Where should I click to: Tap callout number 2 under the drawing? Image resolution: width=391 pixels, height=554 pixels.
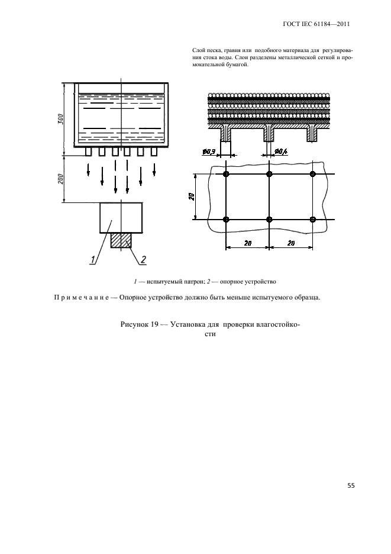(143, 259)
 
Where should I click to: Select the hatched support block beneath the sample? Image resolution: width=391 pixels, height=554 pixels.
(121, 240)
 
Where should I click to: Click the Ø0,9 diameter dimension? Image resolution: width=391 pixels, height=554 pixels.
(209, 152)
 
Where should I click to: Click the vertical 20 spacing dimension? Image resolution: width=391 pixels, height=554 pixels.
(192, 197)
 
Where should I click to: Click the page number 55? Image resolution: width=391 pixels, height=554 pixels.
(351, 486)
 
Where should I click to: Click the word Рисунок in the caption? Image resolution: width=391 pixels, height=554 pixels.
(137, 324)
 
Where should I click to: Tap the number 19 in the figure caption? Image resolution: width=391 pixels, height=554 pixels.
(160, 324)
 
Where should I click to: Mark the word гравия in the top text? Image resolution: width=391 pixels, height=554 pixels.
(230, 51)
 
